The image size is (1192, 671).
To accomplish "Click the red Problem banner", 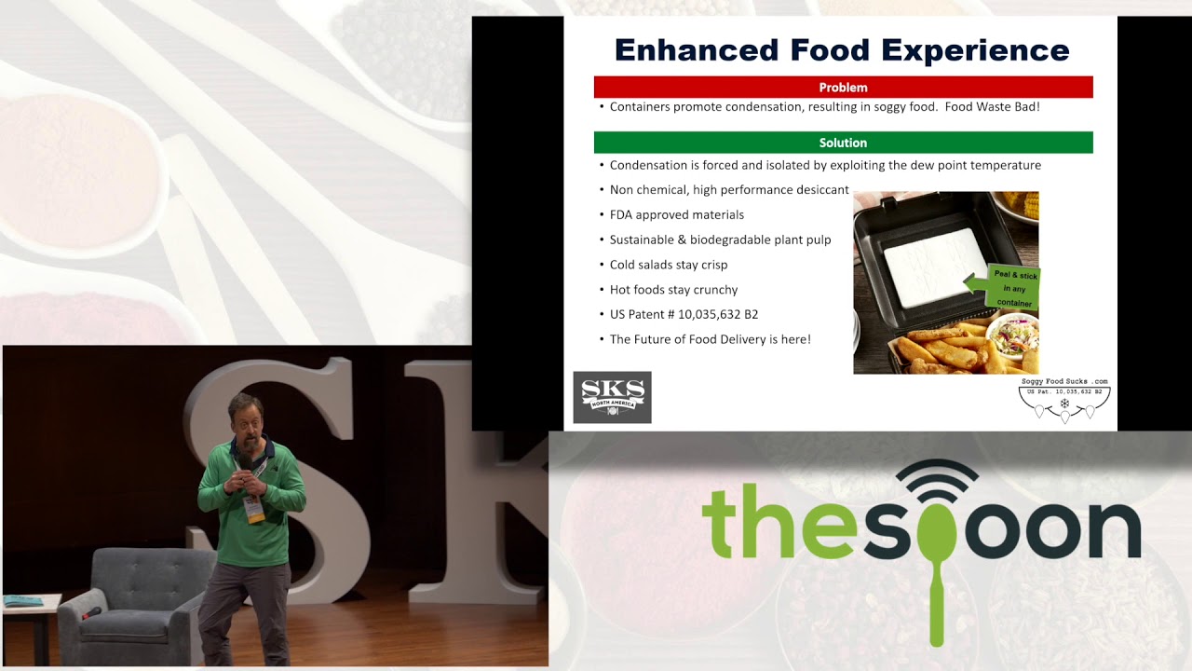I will pyautogui.click(x=843, y=88).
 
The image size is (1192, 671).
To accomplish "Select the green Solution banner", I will pyautogui.click(x=843, y=143).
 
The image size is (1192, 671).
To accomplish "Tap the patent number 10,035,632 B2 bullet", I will pyautogui.click(x=684, y=315).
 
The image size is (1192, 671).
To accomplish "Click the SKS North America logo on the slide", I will pyautogui.click(x=612, y=398).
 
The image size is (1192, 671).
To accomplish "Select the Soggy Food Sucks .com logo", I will pyautogui.click(x=1064, y=400).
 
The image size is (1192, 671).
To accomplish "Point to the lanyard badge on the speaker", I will pyautogui.click(x=254, y=509).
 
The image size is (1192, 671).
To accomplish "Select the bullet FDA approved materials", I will pyautogui.click(x=676, y=215).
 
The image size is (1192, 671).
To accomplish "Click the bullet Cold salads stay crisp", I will pyautogui.click(x=668, y=265).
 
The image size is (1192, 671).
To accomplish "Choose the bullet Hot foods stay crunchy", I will pyautogui.click(x=673, y=290).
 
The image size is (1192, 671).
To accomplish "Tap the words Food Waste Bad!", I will pyautogui.click(x=992, y=107).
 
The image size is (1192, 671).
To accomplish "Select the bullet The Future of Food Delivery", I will pyautogui.click(x=710, y=339).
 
